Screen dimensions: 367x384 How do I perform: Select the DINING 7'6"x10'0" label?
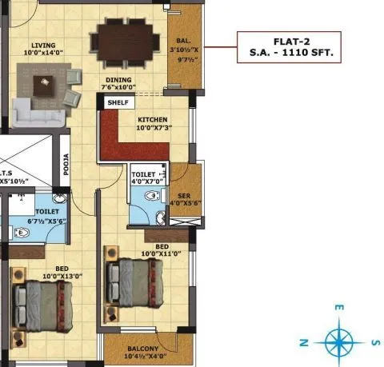(x=118, y=84)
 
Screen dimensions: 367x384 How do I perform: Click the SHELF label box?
(x=118, y=102)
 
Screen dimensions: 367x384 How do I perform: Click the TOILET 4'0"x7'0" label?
(x=149, y=177)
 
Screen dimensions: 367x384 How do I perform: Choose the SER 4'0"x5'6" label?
(x=185, y=197)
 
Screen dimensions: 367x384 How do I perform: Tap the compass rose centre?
(x=340, y=342)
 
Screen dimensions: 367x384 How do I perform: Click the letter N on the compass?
(x=304, y=343)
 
